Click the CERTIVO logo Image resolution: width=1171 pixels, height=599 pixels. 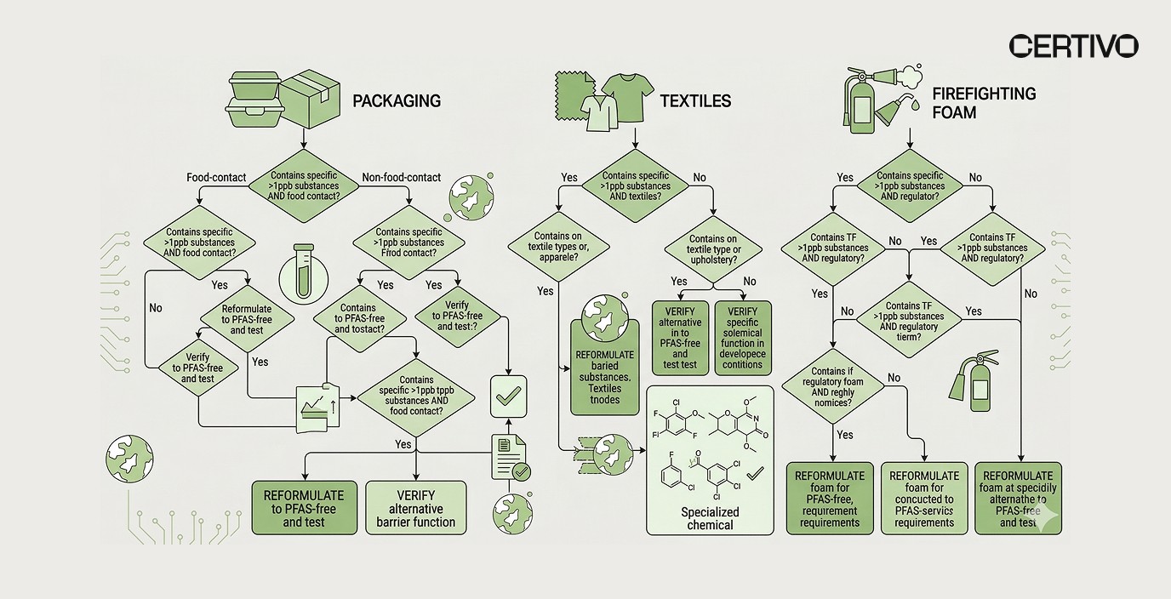point(1073,46)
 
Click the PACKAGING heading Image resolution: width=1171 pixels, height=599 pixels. point(397,101)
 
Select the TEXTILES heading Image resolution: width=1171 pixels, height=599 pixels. point(695,101)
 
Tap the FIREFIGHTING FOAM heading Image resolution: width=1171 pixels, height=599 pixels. point(984,103)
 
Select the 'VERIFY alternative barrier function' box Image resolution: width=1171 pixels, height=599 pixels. point(416,507)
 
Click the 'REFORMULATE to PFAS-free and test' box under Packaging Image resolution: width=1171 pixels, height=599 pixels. point(304,507)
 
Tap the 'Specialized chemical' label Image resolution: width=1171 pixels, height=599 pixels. point(710,518)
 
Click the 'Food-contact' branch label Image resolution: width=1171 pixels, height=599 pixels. point(216,178)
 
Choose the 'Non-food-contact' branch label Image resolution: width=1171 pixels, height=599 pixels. point(401,178)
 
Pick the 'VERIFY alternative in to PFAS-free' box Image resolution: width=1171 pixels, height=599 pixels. point(679,339)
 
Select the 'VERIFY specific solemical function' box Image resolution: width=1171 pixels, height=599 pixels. point(742,339)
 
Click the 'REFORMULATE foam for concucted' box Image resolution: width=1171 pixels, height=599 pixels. point(923,499)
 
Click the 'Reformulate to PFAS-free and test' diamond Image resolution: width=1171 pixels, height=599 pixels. point(247,319)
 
